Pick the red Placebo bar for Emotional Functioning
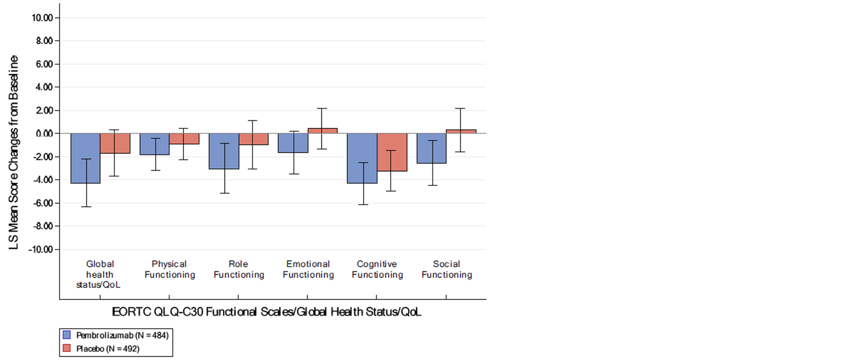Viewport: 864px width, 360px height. coord(322,131)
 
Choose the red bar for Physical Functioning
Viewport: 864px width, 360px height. coord(184,139)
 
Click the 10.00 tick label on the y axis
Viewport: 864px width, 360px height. coord(42,18)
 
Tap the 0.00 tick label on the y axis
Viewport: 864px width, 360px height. coord(44,134)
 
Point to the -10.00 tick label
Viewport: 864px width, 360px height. coord(41,250)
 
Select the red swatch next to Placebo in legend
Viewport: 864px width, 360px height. coord(67,348)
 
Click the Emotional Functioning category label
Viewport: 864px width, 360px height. coord(308,269)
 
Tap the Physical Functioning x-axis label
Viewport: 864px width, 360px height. coord(170,269)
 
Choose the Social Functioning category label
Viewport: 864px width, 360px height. coord(447,269)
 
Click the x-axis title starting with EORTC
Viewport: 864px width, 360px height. coord(267,312)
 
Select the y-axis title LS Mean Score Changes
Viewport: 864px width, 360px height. coord(13,152)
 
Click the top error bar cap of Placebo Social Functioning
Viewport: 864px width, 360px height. coord(460,108)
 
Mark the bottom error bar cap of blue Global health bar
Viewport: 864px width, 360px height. coord(86,207)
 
